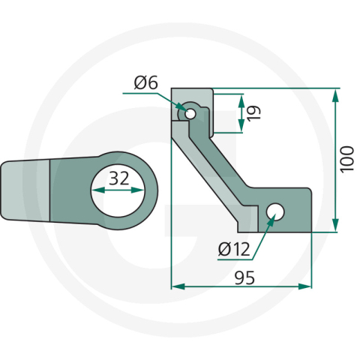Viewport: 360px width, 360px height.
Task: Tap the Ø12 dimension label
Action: pos(233,250)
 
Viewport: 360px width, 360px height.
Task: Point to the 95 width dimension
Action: pos(244,277)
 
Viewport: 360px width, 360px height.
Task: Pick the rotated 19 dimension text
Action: pos(253,113)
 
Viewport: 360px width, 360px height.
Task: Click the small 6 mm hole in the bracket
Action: pos(191,114)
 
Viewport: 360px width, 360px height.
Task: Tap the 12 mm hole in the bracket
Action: pos(275,212)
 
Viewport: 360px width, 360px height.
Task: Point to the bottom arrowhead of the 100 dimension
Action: pos(334,226)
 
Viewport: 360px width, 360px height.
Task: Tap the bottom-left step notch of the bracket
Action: pos(242,223)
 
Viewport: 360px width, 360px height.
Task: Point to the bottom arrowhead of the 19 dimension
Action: pos(240,125)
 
